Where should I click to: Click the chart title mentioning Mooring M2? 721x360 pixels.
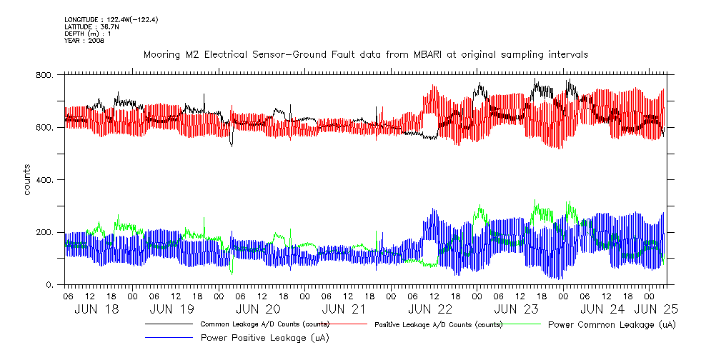tap(365, 54)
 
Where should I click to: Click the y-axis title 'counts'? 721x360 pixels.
tap(27, 179)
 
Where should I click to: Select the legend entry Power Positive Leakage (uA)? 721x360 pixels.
tap(260, 337)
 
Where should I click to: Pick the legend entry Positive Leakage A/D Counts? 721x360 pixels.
tap(439, 324)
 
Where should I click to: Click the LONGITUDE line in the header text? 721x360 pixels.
tap(111, 19)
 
